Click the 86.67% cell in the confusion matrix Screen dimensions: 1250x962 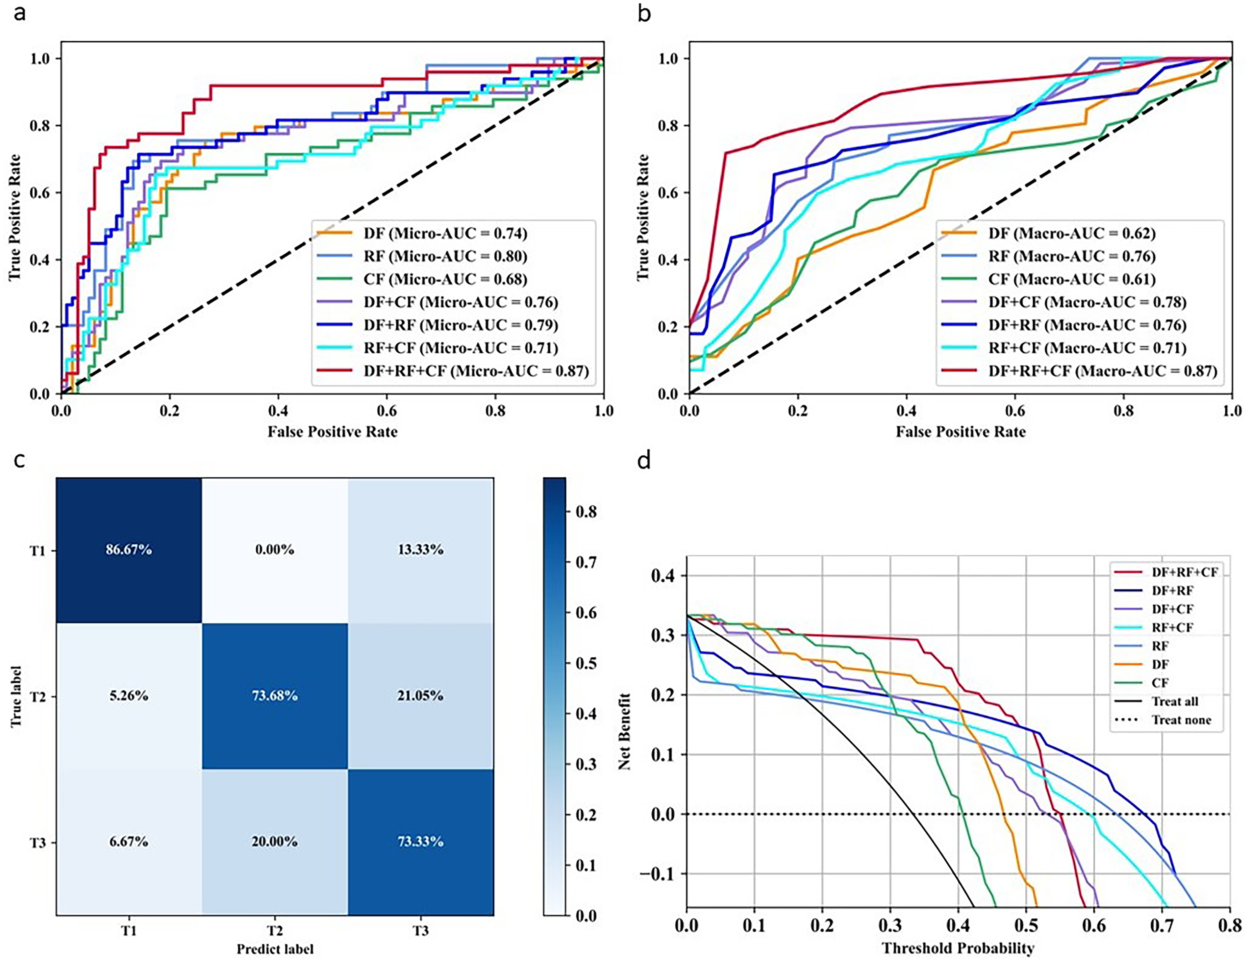129,550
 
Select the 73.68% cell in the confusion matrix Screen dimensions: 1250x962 275,696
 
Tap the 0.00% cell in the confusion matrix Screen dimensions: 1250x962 275,550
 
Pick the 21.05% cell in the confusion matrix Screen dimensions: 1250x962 421,696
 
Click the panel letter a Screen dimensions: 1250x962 20,12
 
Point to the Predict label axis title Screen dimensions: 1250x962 275,949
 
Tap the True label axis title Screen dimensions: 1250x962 16,696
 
